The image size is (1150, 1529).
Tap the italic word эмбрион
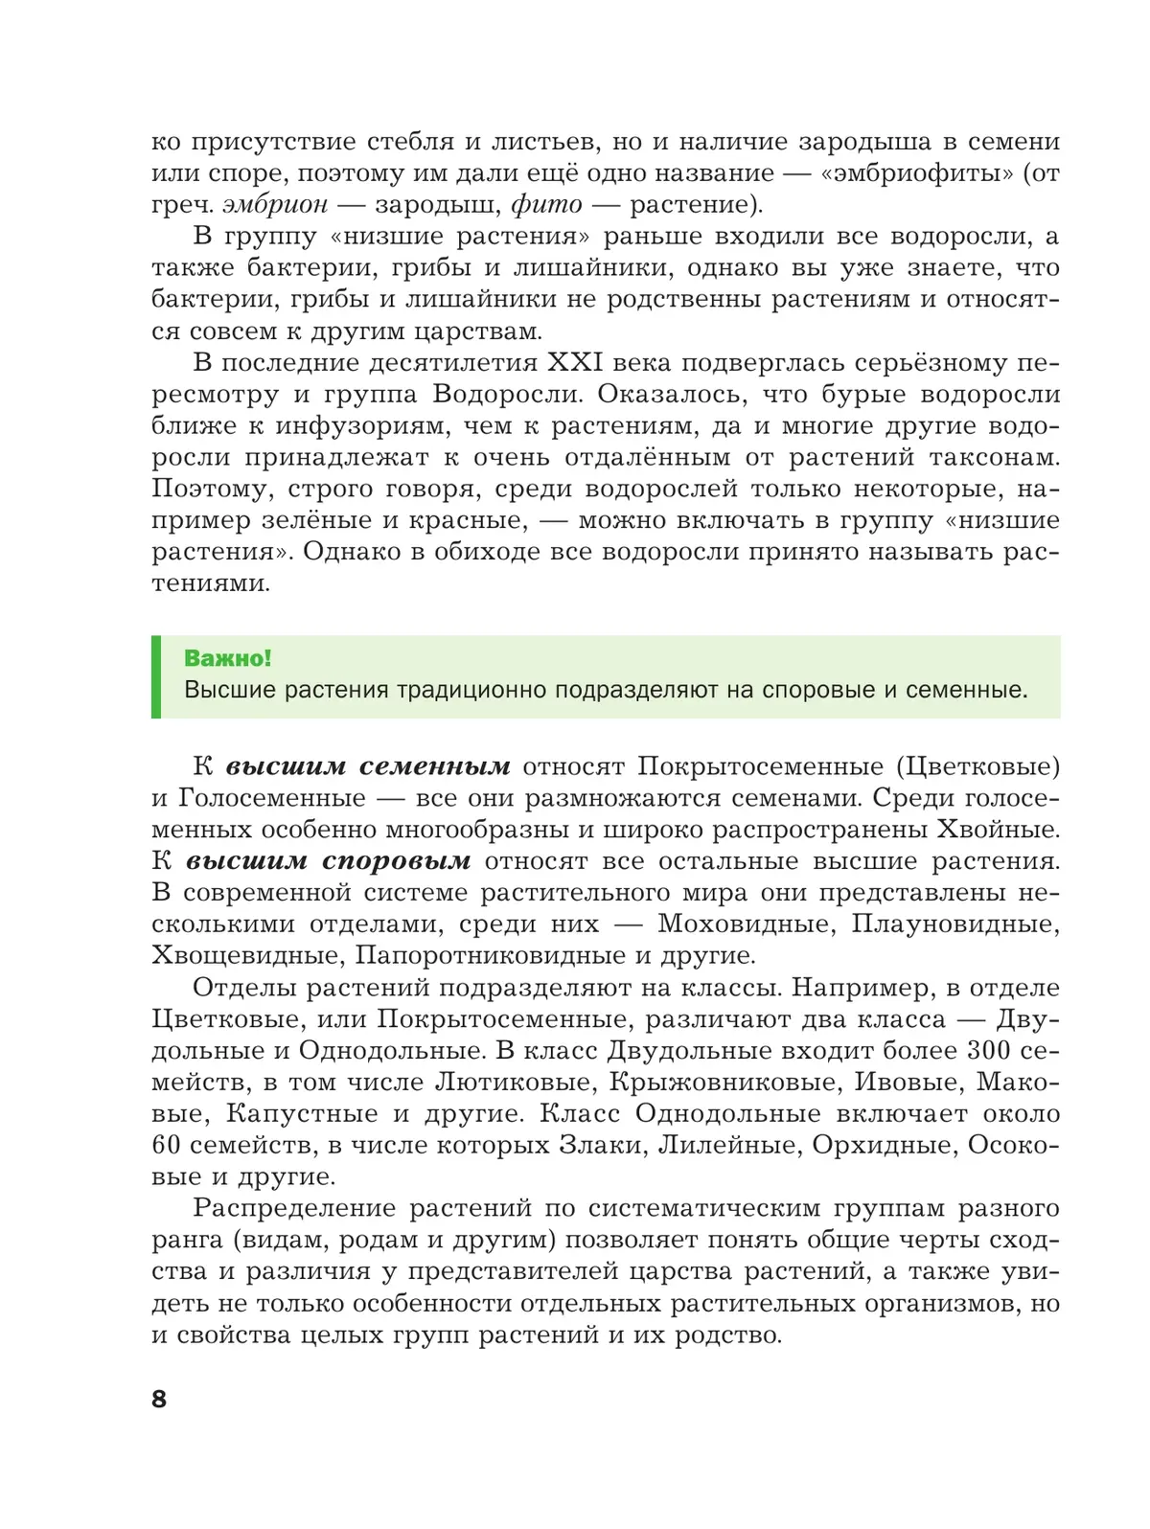275,205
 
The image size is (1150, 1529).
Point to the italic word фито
546,205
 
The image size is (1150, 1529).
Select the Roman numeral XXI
574,363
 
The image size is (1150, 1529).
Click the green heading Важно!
228,658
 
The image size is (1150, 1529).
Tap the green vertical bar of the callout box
156,676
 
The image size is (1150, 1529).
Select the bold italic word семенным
435,766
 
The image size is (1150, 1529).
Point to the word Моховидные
745,924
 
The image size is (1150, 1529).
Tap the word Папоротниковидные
490,956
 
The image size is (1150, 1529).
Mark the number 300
987,1051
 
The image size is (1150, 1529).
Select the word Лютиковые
513,1083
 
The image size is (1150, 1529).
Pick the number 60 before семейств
167,1146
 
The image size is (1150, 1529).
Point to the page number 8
159,1399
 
